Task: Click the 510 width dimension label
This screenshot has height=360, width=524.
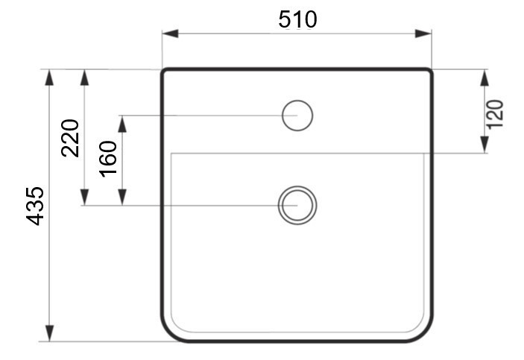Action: [297, 19]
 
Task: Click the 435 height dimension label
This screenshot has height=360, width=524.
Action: [35, 206]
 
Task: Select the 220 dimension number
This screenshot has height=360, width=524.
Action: [70, 138]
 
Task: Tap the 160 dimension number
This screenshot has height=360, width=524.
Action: [108, 159]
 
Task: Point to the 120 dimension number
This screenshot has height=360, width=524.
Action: [495, 114]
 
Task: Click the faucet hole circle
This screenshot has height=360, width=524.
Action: [297, 101]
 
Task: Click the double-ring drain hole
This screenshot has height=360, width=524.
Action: [297, 186]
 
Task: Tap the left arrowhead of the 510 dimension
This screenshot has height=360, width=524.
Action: [170, 34]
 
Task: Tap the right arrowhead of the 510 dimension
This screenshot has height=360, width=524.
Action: [423, 34]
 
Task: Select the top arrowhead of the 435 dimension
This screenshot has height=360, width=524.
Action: [49, 78]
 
